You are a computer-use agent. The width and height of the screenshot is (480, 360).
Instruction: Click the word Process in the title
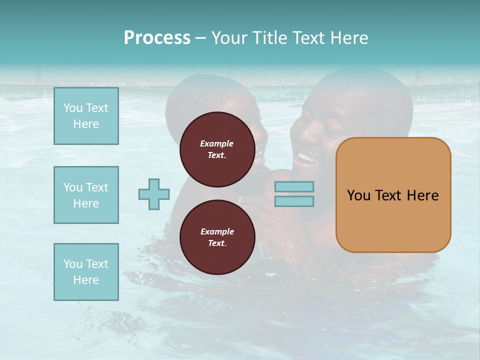(157, 38)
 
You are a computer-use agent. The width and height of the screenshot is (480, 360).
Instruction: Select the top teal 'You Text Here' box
(86, 116)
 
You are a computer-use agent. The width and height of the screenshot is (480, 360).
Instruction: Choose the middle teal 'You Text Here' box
(86, 195)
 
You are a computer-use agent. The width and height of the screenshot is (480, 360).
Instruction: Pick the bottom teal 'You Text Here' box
(86, 272)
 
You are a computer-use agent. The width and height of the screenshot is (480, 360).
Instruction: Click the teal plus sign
(154, 194)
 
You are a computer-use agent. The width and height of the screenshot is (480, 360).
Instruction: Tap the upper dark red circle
(217, 149)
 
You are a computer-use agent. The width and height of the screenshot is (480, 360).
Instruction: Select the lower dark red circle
(217, 237)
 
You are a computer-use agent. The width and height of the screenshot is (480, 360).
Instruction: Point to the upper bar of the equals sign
(294, 186)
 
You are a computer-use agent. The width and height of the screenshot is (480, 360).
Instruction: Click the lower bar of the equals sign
(294, 201)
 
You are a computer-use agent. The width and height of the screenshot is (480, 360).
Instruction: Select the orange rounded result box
(393, 194)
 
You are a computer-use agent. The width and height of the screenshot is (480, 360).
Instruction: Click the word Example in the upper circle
(217, 143)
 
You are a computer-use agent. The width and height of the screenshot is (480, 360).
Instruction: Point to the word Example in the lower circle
(217, 231)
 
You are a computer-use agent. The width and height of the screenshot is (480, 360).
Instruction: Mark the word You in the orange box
(359, 195)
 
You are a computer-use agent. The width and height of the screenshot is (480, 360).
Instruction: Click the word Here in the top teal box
(86, 124)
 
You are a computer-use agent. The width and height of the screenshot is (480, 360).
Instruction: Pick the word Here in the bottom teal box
(86, 280)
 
